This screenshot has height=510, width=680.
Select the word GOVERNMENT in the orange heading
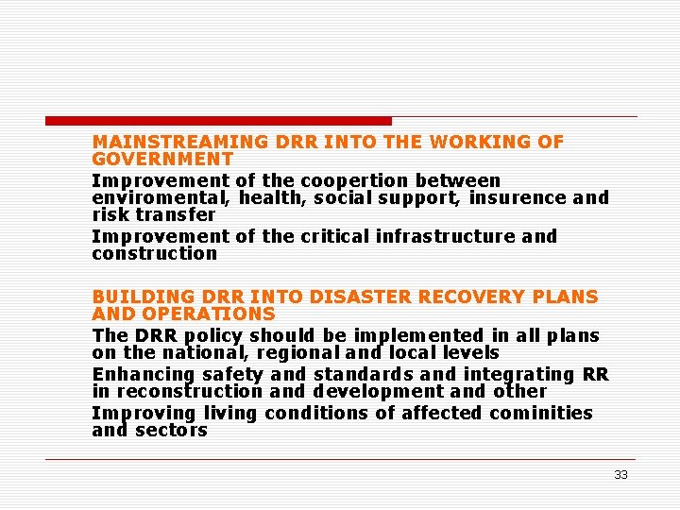(x=162, y=160)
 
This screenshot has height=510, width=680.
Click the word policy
(x=210, y=336)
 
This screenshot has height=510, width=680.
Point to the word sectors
(x=171, y=431)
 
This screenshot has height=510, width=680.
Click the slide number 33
(x=620, y=475)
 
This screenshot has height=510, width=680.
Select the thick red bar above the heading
(x=218, y=121)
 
